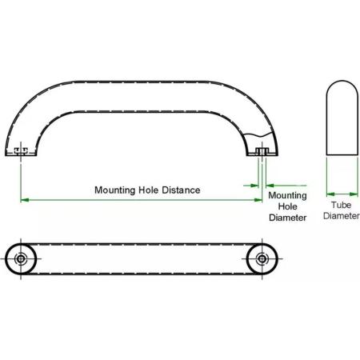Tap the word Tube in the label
pos(341,205)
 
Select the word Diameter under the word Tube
pos(342,215)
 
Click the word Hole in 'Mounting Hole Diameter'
pos(287,206)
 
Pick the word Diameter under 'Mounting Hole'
pos(287,218)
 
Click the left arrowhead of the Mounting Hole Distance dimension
pos(25,200)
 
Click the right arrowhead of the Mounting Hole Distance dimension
pos(258,200)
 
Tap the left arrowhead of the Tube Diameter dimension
pos(330,194)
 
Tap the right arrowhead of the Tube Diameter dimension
pos(354,194)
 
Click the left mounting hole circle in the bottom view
pos(21,258)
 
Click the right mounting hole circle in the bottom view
pos(262,258)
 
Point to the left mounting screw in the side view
pos(21,151)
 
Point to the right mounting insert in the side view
pos(262,151)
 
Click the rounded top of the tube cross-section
pos(342,81)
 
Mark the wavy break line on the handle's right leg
pos(259,134)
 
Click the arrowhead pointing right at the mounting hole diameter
pos(254,186)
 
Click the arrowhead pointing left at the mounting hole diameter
pos(270,186)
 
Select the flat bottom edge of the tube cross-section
pos(342,154)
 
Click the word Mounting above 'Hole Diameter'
pos(287,195)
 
